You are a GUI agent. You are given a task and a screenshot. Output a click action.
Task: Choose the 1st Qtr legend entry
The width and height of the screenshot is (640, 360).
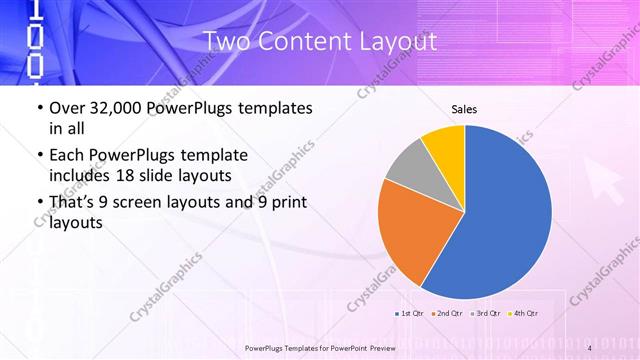click(x=411, y=315)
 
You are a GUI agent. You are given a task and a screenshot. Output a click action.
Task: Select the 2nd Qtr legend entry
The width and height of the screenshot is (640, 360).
click(x=447, y=315)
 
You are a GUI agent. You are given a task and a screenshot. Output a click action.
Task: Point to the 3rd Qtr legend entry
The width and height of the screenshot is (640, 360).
click(x=485, y=315)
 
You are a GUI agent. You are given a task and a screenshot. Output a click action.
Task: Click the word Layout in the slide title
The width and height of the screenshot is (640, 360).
click(x=399, y=42)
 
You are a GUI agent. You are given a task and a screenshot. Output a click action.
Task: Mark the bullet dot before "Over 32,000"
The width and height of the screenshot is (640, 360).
click(x=38, y=108)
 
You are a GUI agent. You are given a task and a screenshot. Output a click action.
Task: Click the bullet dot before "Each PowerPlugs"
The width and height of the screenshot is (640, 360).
click(x=38, y=156)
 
